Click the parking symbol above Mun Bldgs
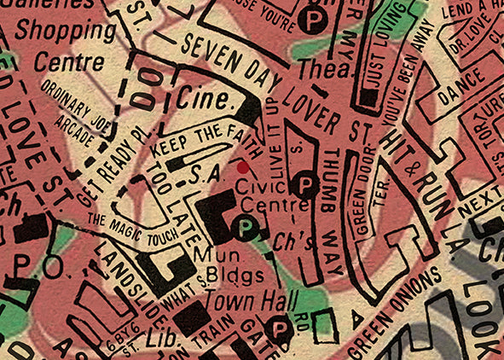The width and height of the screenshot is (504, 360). point(246,228)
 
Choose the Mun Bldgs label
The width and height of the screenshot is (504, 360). point(220,265)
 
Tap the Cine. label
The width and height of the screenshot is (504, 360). point(206,100)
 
